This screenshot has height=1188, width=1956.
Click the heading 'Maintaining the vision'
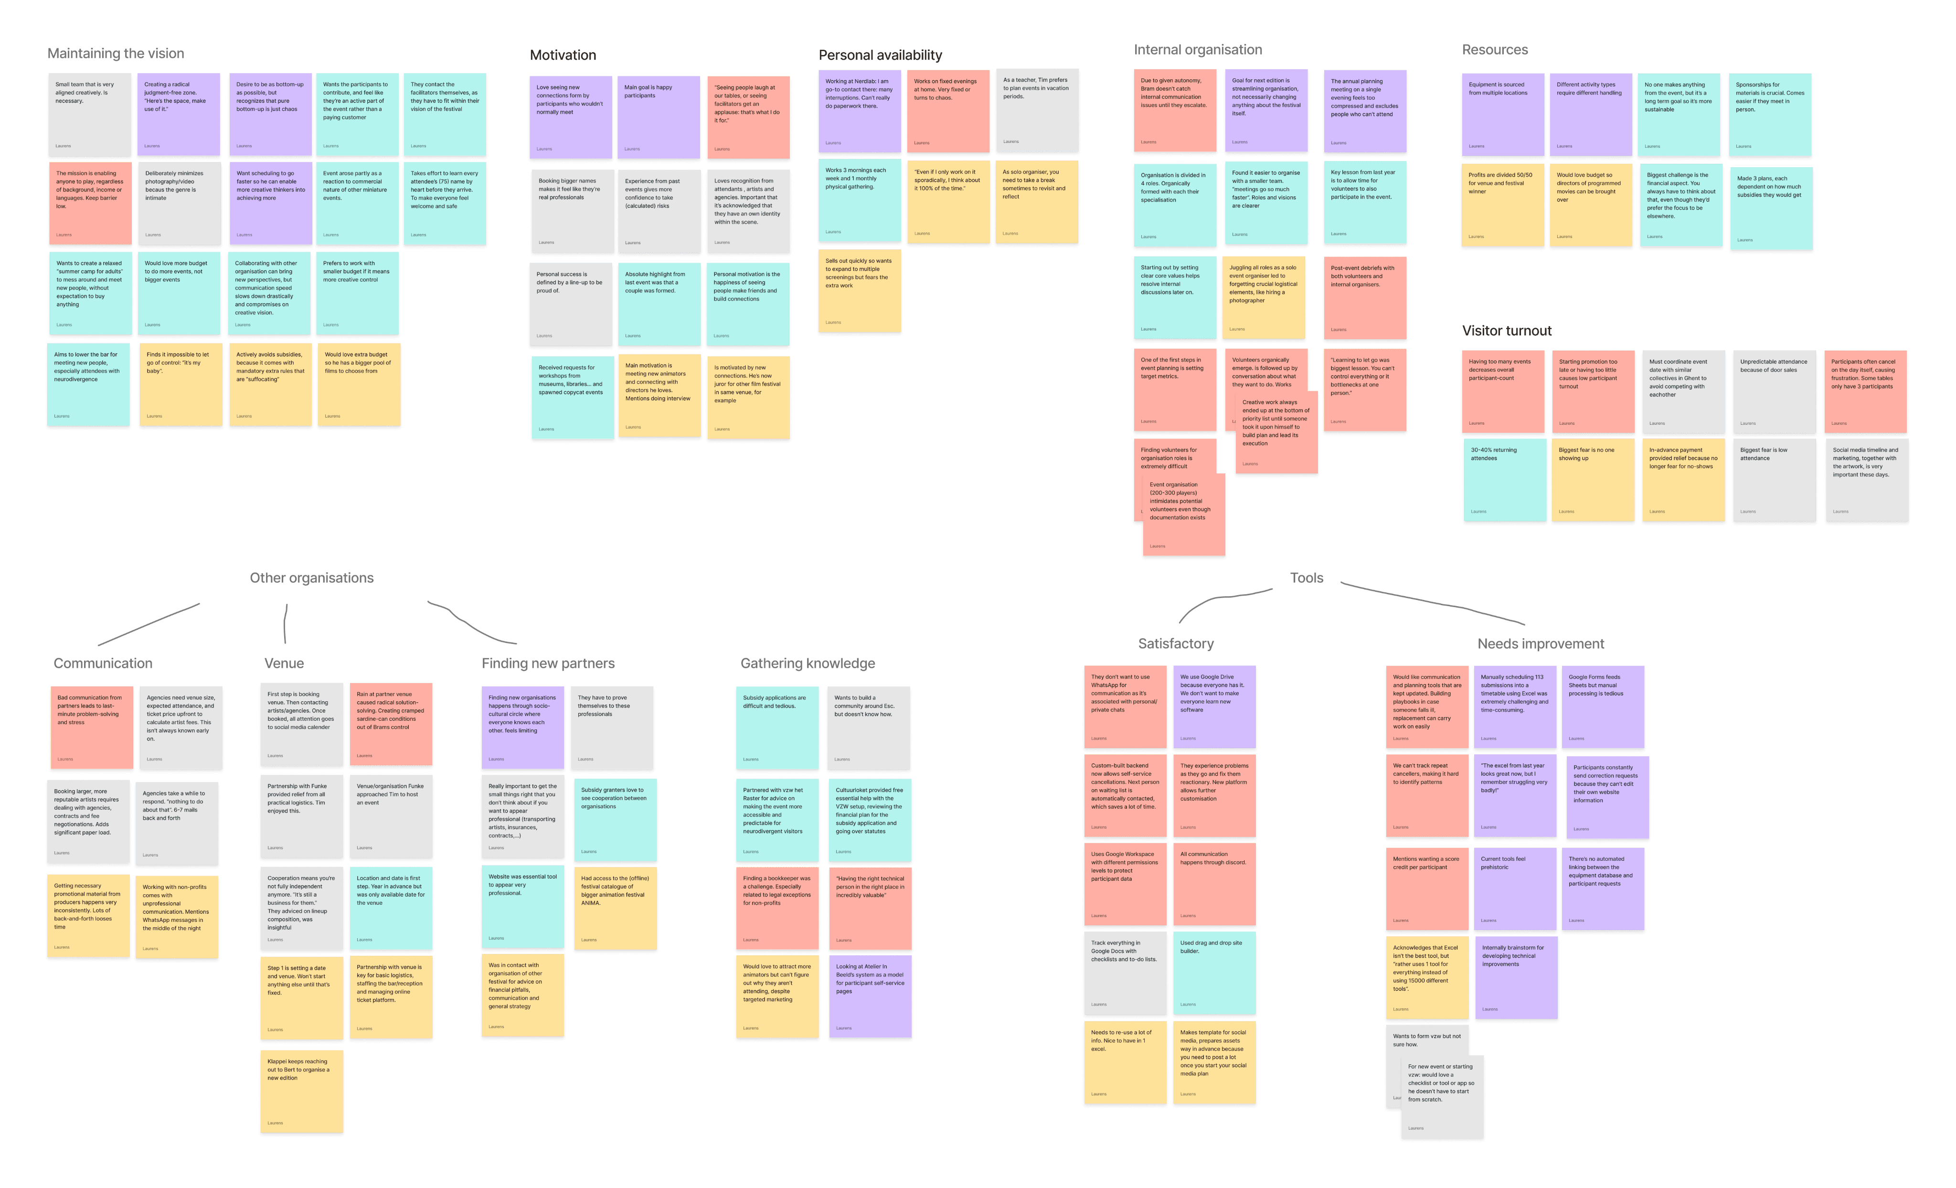[116, 53]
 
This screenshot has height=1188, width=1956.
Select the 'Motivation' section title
[563, 55]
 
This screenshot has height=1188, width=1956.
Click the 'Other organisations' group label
[311, 578]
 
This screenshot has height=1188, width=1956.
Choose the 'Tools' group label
[1306, 578]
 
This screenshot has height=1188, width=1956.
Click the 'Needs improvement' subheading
[1540, 644]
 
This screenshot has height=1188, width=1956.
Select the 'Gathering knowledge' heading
[808, 663]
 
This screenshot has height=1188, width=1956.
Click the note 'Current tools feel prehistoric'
[1515, 888]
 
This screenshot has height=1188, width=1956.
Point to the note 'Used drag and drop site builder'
[1214, 973]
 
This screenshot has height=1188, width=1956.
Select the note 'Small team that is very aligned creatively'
[89, 115]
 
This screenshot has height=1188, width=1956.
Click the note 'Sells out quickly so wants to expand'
[859, 290]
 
